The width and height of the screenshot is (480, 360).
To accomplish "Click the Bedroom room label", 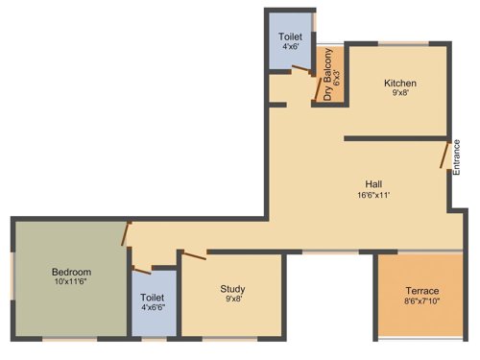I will click(70, 272).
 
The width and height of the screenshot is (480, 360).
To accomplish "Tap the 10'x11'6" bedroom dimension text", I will click(70, 283).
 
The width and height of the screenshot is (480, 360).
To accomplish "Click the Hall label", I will click(374, 183).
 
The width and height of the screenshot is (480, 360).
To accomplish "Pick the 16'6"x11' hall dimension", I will click(374, 195).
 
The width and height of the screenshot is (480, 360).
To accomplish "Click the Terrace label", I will click(421, 291).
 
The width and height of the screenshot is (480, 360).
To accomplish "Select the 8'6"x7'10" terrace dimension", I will click(421, 302).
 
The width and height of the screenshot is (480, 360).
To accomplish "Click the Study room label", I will click(233, 287).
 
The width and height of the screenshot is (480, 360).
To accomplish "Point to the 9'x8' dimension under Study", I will click(233, 299).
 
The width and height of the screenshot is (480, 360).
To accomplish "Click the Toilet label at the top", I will click(290, 36).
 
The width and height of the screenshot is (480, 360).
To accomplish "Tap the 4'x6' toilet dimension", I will click(290, 46).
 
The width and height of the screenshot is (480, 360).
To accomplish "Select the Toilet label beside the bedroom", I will click(153, 299).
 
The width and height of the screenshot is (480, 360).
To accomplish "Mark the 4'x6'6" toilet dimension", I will click(153, 309).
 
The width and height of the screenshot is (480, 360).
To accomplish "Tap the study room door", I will click(193, 254).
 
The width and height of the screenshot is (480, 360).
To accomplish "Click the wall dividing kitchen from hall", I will click(394, 138).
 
